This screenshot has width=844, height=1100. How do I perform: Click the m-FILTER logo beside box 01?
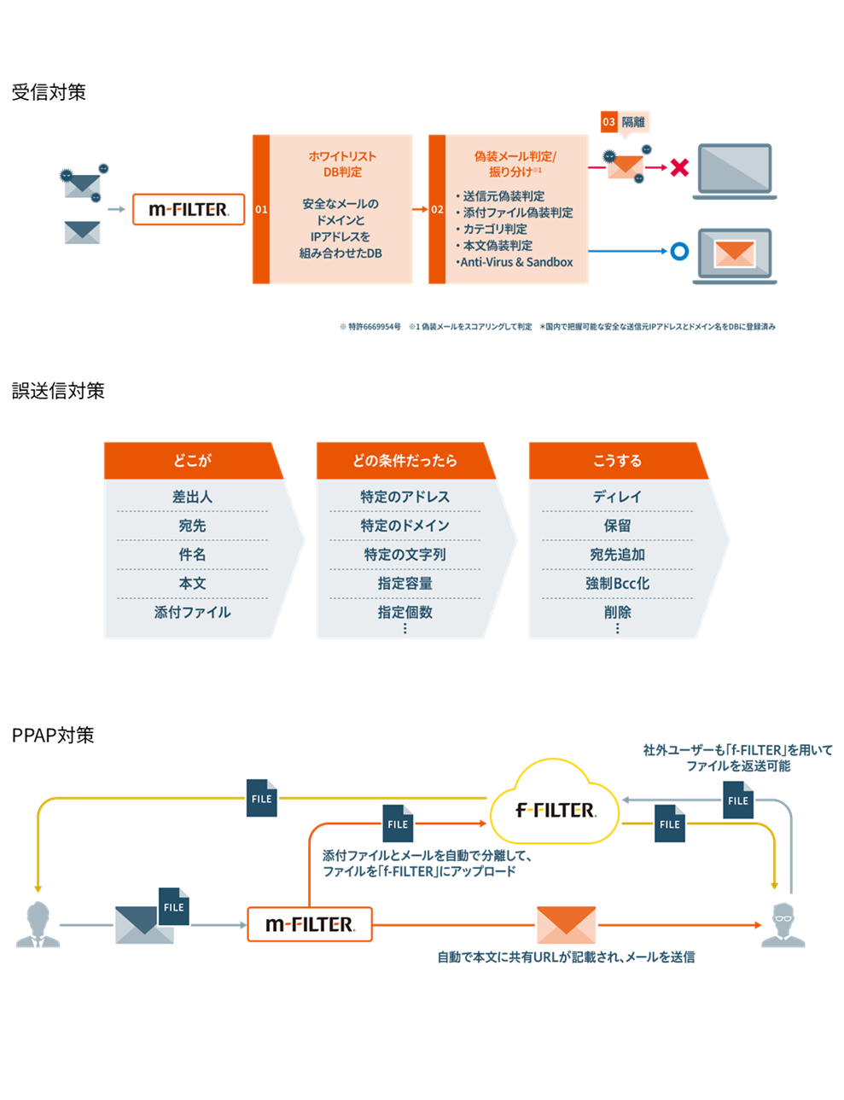pos(189,209)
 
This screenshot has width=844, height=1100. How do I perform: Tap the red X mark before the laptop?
pos(679,167)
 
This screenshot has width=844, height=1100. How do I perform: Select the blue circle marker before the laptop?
pos(679,251)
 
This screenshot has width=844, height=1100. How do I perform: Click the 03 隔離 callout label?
pos(625,122)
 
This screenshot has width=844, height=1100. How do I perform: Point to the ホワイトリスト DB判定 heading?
pos(341,164)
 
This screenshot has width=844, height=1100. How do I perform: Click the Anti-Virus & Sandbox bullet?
pos(515,262)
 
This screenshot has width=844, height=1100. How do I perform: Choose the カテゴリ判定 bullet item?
pos(495,229)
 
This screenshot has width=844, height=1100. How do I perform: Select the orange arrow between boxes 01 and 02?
pos(420,209)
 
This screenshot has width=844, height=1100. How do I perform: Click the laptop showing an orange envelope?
pos(734,253)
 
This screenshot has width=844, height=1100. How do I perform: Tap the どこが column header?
pos(192,461)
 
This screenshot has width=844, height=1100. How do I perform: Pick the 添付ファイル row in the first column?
pos(192,612)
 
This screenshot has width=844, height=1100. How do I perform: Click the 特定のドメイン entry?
pos(405,526)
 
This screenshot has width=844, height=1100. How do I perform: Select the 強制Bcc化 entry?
pos(617,584)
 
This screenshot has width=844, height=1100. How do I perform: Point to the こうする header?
pos(617,461)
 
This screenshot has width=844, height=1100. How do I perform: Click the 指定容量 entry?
pos(405,584)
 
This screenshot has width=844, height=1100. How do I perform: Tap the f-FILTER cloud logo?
pos(555,810)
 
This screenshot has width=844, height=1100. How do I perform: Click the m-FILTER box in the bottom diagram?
pos(310,924)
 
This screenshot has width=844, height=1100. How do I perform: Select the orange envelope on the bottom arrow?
pos(567,924)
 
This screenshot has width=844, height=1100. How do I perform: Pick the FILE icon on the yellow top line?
pos(262,799)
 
